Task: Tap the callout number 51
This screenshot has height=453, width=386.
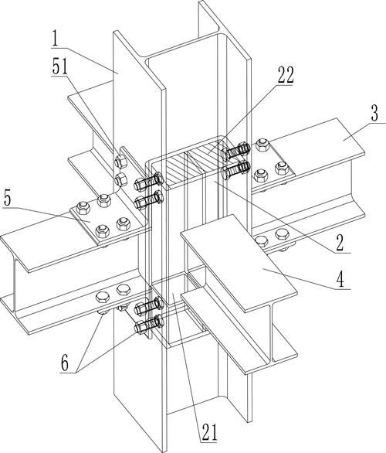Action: point(60,66)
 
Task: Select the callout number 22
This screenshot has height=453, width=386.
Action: point(286,75)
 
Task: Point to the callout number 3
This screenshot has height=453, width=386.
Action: point(374,114)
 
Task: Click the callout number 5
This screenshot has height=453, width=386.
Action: point(8,199)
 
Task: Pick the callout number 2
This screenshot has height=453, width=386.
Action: point(340,243)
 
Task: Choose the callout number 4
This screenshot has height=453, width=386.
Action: point(340,279)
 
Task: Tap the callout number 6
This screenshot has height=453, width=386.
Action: point(65,363)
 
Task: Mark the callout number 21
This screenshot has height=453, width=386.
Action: point(209,432)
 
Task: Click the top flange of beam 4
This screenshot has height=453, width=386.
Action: point(239,263)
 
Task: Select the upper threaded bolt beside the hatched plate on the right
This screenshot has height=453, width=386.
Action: point(235,151)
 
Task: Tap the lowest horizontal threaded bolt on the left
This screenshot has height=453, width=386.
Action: point(149,325)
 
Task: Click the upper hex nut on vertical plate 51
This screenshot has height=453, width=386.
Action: point(120,162)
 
